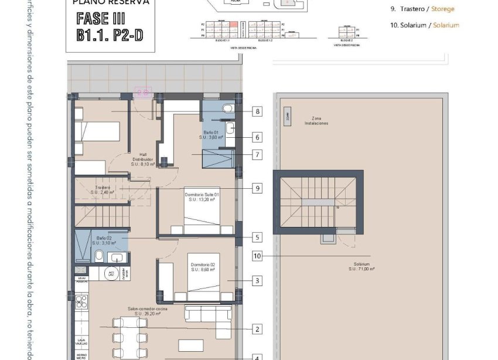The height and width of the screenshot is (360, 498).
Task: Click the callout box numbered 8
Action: [x=257, y=111]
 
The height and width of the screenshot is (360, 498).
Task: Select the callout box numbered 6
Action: [x=257, y=137]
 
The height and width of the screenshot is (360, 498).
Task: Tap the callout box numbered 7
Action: [x=257, y=155]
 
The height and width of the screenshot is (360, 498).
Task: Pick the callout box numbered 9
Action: [x=257, y=188]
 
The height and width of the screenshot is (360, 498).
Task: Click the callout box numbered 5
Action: [x=257, y=237]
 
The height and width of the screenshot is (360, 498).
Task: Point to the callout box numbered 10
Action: [x=257, y=256]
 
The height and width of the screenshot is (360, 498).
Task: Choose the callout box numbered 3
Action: [x=257, y=281]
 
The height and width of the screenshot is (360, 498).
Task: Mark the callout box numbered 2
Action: [x=257, y=330]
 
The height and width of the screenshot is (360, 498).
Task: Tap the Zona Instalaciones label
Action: [x=316, y=121]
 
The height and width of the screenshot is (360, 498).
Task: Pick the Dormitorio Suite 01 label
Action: [x=202, y=197]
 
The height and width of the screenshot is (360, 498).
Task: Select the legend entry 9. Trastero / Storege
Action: [x=422, y=9]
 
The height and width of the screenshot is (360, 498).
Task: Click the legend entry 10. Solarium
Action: [x=424, y=25]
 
